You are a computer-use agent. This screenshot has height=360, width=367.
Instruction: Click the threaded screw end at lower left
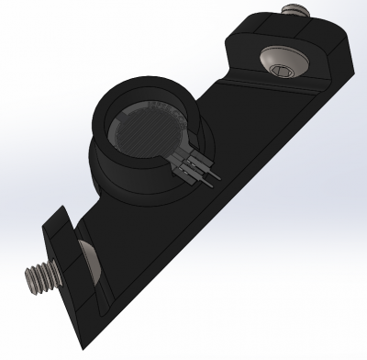37,276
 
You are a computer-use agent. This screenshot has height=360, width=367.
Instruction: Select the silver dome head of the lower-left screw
88,256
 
